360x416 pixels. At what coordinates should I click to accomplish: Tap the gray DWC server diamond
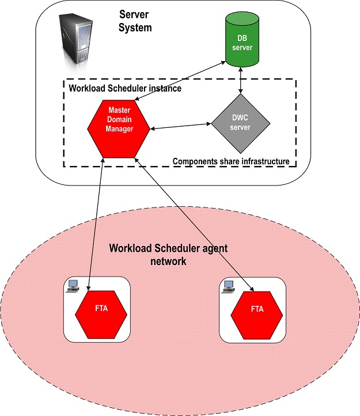tap(240, 122)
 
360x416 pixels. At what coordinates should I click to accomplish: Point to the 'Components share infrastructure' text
tap(231, 161)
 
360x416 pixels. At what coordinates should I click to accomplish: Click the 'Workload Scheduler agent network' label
tap(168, 254)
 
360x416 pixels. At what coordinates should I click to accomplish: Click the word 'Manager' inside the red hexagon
tap(120, 129)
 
